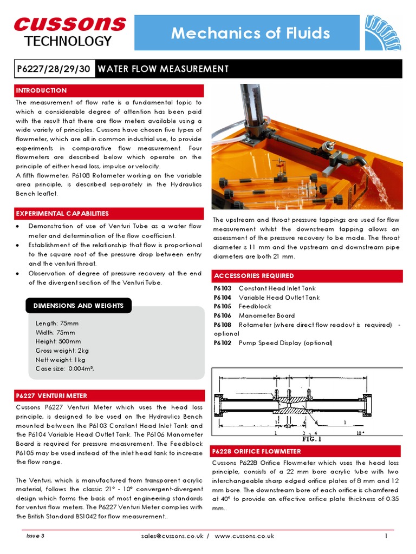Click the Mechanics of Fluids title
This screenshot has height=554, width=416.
click(250, 33)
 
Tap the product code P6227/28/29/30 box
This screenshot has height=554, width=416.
click(54, 69)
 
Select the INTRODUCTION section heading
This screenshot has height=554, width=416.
click(42, 90)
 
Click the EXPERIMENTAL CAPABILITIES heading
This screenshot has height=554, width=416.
click(62, 214)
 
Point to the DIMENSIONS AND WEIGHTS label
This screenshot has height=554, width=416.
click(79, 306)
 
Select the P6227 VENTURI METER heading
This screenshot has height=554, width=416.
click(51, 396)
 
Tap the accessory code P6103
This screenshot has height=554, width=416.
click(223, 288)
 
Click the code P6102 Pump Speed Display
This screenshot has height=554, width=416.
click(223, 343)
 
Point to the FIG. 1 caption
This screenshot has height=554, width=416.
click(311, 439)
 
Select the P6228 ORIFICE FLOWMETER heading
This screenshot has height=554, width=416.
click(257, 451)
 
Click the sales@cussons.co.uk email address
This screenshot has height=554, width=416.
click(171, 536)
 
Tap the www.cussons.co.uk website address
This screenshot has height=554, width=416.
click(244, 536)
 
